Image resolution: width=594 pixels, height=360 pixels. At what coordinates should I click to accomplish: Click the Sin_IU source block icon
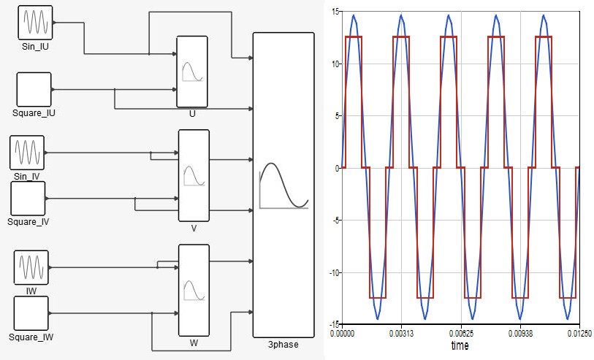(35, 23)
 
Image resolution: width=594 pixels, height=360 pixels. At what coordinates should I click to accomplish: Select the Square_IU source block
(34, 90)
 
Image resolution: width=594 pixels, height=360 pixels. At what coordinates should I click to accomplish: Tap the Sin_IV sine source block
(27, 153)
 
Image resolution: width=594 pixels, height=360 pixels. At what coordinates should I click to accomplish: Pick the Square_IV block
(28, 199)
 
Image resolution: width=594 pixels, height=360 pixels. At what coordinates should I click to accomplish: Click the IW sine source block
(31, 267)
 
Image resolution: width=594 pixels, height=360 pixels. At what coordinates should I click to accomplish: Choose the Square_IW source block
(31, 313)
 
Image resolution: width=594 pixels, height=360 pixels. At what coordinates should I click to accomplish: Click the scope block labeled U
(192, 72)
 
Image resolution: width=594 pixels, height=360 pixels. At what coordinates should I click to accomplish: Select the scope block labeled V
(194, 176)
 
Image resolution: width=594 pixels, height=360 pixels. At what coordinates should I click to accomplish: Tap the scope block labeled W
(194, 291)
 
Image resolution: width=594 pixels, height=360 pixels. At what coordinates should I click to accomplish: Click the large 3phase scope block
(283, 185)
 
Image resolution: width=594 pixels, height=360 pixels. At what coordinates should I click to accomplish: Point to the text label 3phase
(283, 345)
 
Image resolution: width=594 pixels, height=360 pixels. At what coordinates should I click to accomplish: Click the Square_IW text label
(31, 337)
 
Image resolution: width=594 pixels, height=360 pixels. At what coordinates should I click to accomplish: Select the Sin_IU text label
(35, 47)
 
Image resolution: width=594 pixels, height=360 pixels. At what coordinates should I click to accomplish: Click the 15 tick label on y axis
(335, 12)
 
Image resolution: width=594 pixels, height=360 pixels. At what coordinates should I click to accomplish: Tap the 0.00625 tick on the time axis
(461, 334)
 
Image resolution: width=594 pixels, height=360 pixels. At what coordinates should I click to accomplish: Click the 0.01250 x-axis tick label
(579, 334)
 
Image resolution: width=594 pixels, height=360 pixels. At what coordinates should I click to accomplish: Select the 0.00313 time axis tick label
(402, 334)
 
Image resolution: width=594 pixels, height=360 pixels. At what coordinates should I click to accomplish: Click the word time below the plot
(460, 345)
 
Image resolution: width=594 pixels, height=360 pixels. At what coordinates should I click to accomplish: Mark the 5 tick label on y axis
(336, 116)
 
